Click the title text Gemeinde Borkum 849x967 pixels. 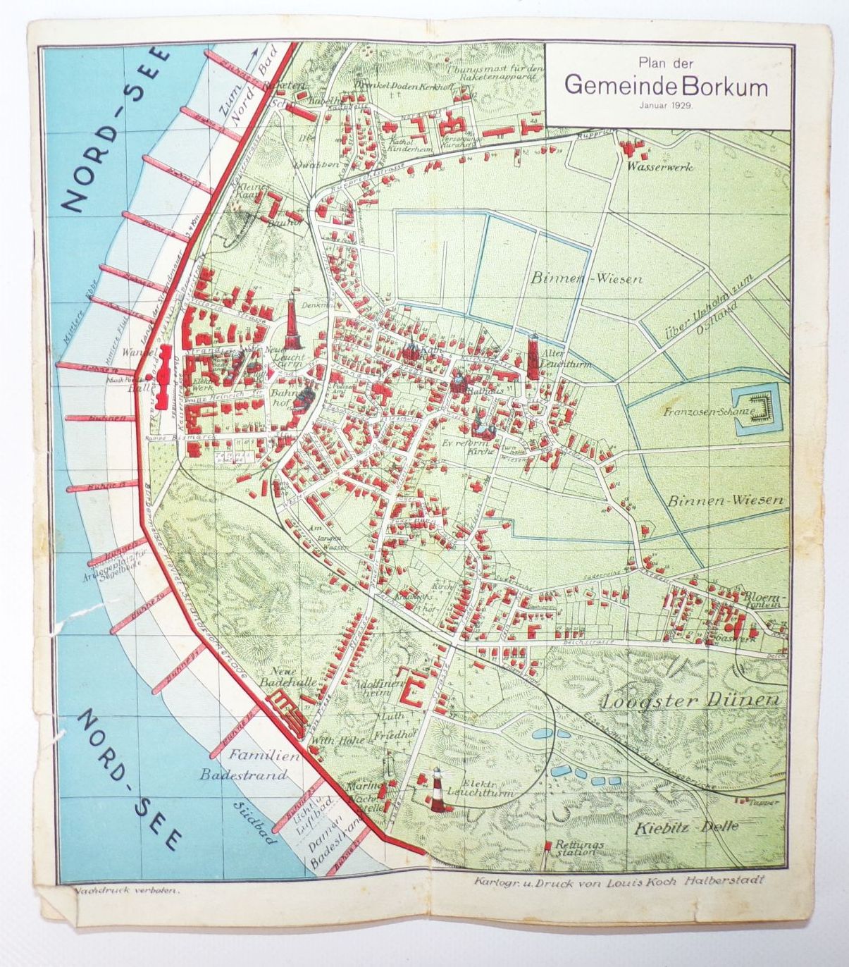point(666,85)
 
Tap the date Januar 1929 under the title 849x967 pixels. point(666,104)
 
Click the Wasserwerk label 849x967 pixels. point(663,167)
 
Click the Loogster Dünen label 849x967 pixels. point(691,701)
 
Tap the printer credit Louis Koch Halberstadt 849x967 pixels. point(620,880)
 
